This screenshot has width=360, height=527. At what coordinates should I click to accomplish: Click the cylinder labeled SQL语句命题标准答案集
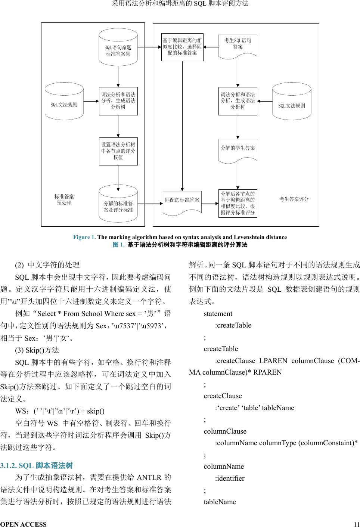[x=118, y=47]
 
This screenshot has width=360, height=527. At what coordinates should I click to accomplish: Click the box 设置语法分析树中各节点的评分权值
[x=118, y=151]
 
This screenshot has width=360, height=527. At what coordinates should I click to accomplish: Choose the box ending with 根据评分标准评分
[x=238, y=203]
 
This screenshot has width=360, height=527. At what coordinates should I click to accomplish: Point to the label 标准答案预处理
[x=64, y=199]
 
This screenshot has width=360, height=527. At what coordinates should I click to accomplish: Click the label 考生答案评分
[x=294, y=199]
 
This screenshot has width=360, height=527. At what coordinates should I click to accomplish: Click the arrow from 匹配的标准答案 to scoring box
[x=210, y=204]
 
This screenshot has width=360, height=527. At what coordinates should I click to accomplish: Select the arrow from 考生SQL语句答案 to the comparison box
[x=211, y=47]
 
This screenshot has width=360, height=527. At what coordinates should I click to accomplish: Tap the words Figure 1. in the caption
[x=84, y=237]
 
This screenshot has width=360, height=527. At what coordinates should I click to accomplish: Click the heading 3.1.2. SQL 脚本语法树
[x=37, y=466]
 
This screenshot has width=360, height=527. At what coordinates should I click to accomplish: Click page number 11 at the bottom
[x=356, y=524]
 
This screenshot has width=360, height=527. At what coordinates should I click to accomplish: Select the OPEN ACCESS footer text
[x=24, y=524]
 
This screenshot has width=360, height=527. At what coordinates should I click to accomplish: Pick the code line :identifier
[x=230, y=478]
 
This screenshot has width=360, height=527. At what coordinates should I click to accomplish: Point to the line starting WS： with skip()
[x=60, y=411]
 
